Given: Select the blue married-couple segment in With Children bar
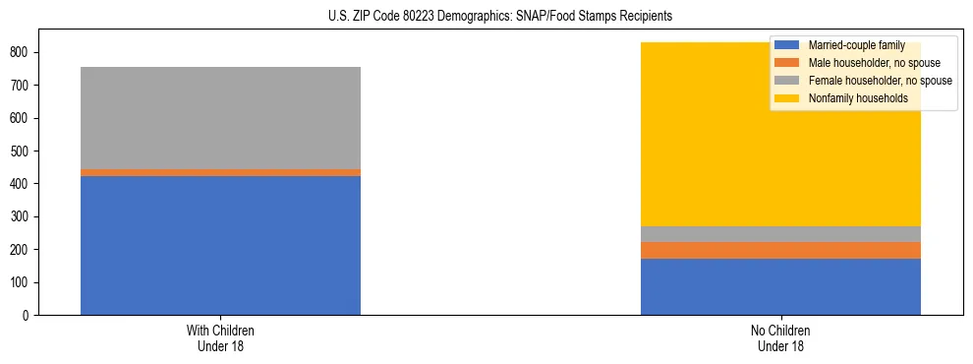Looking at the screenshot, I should click(x=220, y=245).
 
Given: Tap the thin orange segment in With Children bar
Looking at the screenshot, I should click(x=220, y=172).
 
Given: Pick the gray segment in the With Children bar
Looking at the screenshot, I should click(x=220, y=118).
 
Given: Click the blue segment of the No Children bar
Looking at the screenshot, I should click(x=780, y=286).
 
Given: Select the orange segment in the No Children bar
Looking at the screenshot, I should click(x=780, y=250).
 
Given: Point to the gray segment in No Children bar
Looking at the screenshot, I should click(x=780, y=234).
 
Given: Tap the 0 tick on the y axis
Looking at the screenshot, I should click(x=29, y=315).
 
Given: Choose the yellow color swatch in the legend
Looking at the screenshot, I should click(x=788, y=98).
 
